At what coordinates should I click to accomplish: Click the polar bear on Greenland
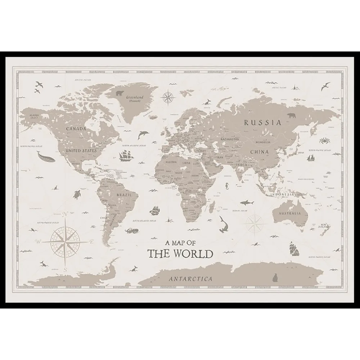(120, 94)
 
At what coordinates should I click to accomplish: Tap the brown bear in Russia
(292, 116)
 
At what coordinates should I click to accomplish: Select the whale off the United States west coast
(44, 156)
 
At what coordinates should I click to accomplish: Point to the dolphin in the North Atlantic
(143, 135)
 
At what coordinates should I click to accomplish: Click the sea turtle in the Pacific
(77, 194)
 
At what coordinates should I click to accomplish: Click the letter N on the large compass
(65, 215)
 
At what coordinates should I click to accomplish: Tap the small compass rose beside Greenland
(167, 96)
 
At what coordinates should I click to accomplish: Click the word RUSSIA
(262, 123)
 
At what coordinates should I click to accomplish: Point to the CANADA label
(76, 128)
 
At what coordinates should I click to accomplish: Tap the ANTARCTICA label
(190, 279)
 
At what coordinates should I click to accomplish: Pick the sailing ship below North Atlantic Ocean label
(126, 156)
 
